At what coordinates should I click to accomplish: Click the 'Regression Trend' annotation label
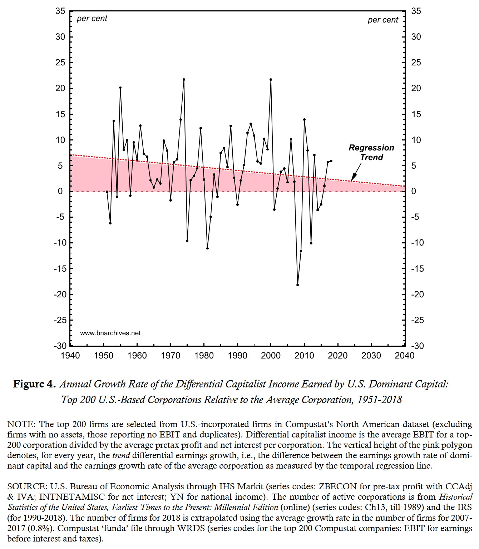pos(371,153)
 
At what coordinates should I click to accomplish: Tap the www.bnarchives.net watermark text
pos(110,333)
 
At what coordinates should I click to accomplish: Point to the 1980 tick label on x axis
pos(204,356)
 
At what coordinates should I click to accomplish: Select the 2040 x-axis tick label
pos(405,356)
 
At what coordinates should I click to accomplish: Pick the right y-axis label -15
pos(417,269)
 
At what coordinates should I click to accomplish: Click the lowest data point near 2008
pos(297,285)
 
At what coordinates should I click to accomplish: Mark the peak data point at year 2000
pos(271,79)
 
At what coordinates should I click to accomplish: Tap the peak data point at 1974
pos(184,79)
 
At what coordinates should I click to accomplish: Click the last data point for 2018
pos(331,161)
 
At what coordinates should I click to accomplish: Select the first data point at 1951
pos(107,192)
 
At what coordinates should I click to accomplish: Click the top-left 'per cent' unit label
pos(92,19)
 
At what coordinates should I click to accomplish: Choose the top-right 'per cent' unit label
pos(382,20)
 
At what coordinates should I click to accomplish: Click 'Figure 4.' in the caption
pos(34,384)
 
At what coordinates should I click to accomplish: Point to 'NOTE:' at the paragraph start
pos(21,425)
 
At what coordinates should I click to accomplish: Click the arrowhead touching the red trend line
pos(352,179)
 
